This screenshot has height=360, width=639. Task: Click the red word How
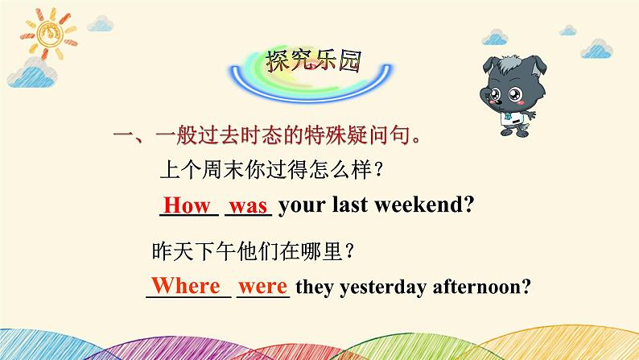click(186, 205)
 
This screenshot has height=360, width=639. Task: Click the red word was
click(249, 206)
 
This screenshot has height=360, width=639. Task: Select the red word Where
click(186, 286)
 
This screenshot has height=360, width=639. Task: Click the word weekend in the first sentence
click(423, 205)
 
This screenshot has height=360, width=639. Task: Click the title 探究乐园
click(312, 60)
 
